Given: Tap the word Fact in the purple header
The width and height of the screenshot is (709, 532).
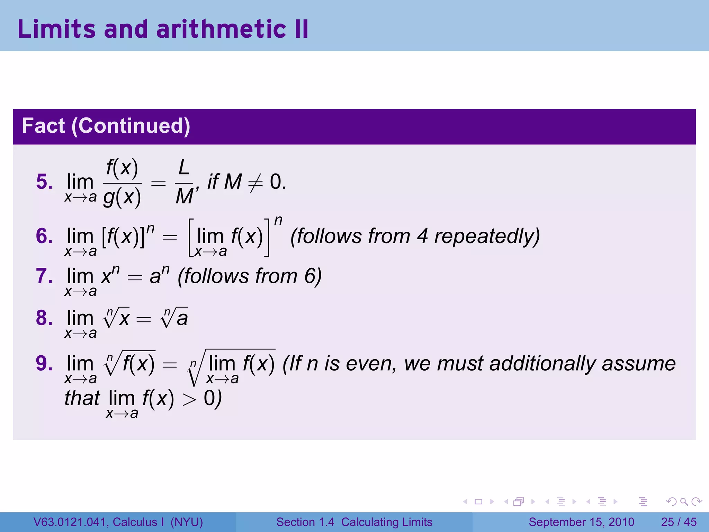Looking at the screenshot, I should (x=43, y=126).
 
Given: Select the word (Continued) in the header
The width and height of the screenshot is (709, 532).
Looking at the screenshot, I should (x=131, y=126).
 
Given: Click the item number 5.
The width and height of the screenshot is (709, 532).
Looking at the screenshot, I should (x=44, y=182).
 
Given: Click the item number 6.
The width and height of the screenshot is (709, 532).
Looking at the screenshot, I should (x=44, y=236).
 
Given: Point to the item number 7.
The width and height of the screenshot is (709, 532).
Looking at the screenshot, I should (x=44, y=276).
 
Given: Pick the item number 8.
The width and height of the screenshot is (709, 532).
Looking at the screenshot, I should (x=44, y=318).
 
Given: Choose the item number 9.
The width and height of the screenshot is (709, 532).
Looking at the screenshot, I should (x=44, y=363).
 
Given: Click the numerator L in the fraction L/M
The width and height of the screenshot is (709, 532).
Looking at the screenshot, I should (x=184, y=168).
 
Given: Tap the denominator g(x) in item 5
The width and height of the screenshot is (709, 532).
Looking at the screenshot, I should (x=122, y=197).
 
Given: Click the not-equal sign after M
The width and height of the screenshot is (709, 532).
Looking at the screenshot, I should (x=255, y=183).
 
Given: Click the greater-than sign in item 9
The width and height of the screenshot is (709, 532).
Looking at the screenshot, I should (x=189, y=400).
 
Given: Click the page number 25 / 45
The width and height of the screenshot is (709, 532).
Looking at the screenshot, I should (x=679, y=522).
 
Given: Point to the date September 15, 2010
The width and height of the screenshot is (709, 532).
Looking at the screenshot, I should (x=581, y=522).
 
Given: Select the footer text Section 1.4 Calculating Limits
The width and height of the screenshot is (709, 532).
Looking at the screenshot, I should (x=354, y=522).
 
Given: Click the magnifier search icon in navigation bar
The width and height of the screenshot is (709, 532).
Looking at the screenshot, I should (x=684, y=502).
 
